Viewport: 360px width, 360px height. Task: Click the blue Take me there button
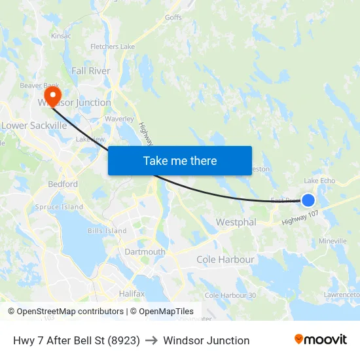pyautogui.click(x=180, y=160)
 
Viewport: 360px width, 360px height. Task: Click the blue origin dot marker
pyautogui.click(x=308, y=200)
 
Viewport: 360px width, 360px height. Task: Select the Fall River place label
pyautogui.click(x=91, y=71)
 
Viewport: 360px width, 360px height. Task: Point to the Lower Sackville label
pyautogui.click(x=34, y=125)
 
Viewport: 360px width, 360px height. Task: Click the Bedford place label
pyautogui.click(x=63, y=185)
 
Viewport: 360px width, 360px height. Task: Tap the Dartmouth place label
pyautogui.click(x=145, y=252)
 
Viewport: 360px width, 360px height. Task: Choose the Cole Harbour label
pyautogui.click(x=225, y=260)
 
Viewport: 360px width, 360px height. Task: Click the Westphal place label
pyautogui.click(x=236, y=223)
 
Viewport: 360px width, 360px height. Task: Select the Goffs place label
pyautogui.click(x=173, y=18)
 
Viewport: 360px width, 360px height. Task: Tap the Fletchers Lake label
pyautogui.click(x=113, y=47)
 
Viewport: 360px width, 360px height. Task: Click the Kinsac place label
pyautogui.click(x=60, y=36)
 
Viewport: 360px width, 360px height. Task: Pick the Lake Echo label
pyautogui.click(x=319, y=181)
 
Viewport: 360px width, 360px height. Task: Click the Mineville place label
pyautogui.click(x=333, y=242)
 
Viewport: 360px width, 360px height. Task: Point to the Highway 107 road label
pyautogui.click(x=300, y=218)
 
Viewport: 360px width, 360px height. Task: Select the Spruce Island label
pyautogui.click(x=59, y=207)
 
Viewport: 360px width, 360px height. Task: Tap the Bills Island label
pyautogui.click(x=107, y=231)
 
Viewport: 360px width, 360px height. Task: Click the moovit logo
pyautogui.click(x=321, y=340)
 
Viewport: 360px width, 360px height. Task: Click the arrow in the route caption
pyautogui.click(x=152, y=340)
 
